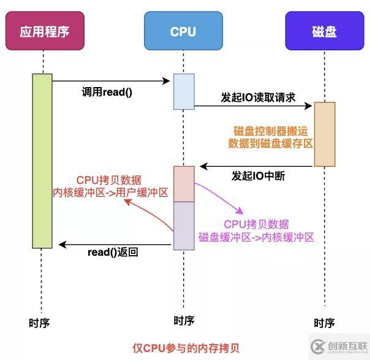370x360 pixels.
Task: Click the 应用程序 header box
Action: pos(43,31)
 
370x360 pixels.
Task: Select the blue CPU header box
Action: pos(183,31)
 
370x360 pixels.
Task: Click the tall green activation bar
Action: pos(42,161)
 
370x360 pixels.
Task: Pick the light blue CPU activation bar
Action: pos(183,91)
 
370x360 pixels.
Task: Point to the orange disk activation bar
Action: pos(325,134)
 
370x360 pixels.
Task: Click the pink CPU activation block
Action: pos(184,183)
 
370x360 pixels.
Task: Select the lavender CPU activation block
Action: pos(184,226)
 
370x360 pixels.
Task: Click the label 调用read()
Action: pos(107,92)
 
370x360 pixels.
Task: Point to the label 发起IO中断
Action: pos(258,176)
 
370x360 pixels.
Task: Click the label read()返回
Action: pos(113,252)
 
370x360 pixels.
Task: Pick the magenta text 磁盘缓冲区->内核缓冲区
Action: pos(256,236)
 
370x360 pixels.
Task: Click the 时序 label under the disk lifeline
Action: pos(324,323)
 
